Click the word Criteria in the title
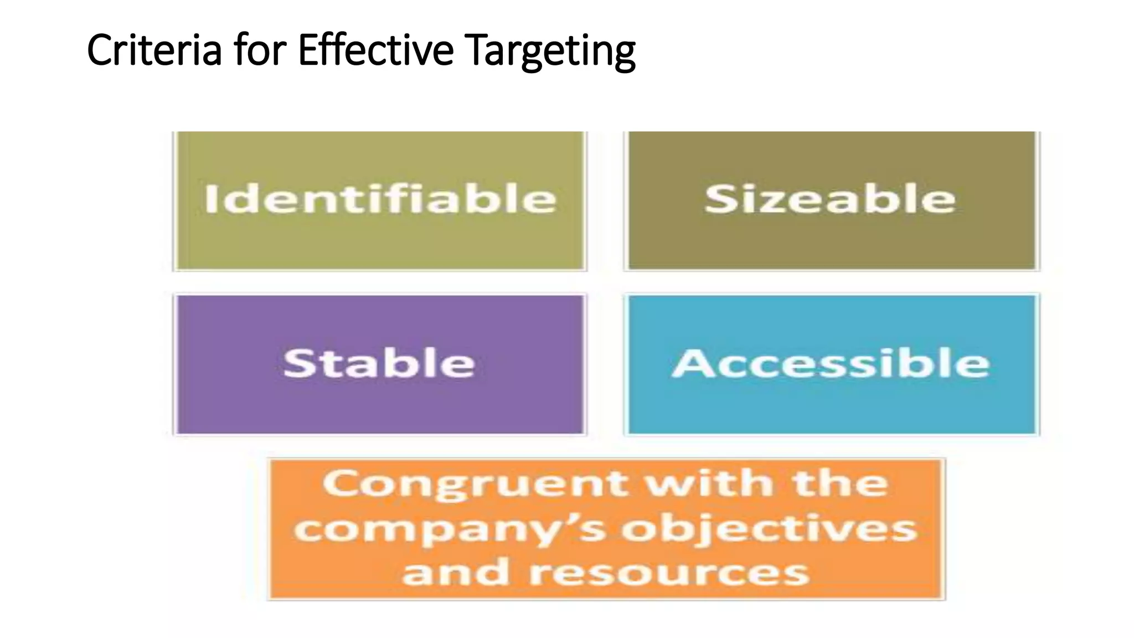pos(154,50)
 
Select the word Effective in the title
pos(375,50)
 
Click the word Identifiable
pos(380,199)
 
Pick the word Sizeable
pos(831,199)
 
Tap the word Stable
pos(379,363)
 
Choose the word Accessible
pos(831,363)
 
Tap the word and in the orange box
pos(455,572)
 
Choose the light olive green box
pos(379,244)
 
